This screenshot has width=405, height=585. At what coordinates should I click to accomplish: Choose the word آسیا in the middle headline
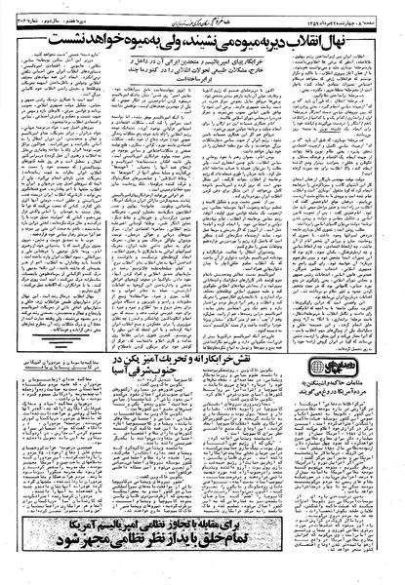point(136,398)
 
